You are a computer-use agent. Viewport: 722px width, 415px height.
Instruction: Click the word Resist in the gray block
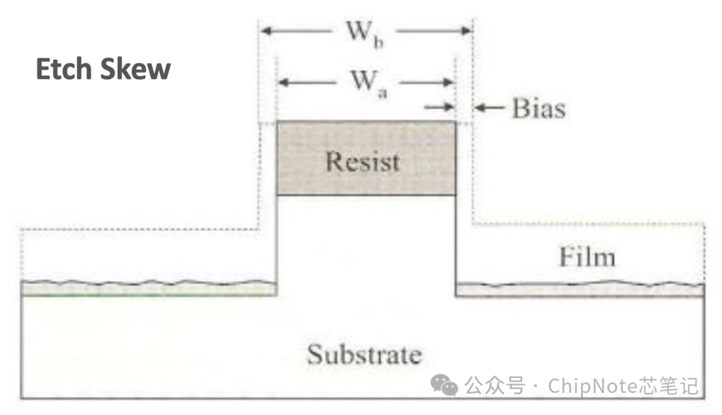pyautogui.click(x=362, y=161)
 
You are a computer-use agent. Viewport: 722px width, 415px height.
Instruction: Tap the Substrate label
pyautogui.click(x=364, y=354)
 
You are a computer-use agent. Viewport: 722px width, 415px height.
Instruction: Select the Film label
pyautogui.click(x=587, y=256)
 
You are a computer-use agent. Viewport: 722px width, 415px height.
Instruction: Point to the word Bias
pyautogui.click(x=539, y=108)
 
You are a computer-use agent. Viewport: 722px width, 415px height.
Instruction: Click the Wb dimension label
pyautogui.click(x=364, y=33)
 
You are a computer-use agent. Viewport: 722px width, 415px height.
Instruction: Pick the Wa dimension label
pyautogui.click(x=369, y=83)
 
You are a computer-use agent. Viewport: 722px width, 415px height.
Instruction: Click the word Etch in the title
pyautogui.click(x=64, y=69)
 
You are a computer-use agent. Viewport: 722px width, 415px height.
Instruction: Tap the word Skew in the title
pyautogui.click(x=135, y=69)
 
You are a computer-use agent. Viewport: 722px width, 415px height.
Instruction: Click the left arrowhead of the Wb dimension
pyautogui.click(x=266, y=31)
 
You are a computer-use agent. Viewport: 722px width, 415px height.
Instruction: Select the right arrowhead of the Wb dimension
pyautogui.click(x=466, y=31)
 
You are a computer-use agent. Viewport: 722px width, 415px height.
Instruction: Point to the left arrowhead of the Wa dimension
pyautogui.click(x=283, y=82)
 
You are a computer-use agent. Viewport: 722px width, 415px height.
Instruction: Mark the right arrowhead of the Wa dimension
pyautogui.click(x=449, y=82)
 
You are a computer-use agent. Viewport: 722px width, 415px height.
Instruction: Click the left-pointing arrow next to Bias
pyautogui.click(x=489, y=108)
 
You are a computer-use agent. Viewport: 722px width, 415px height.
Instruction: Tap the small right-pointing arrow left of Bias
pyautogui.click(x=440, y=108)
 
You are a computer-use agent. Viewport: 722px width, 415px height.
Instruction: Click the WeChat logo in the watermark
pyautogui.click(x=444, y=385)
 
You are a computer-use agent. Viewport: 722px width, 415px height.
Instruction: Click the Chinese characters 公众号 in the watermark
pyautogui.click(x=495, y=386)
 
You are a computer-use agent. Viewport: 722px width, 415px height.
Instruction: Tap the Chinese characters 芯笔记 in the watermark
pyautogui.click(x=669, y=386)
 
